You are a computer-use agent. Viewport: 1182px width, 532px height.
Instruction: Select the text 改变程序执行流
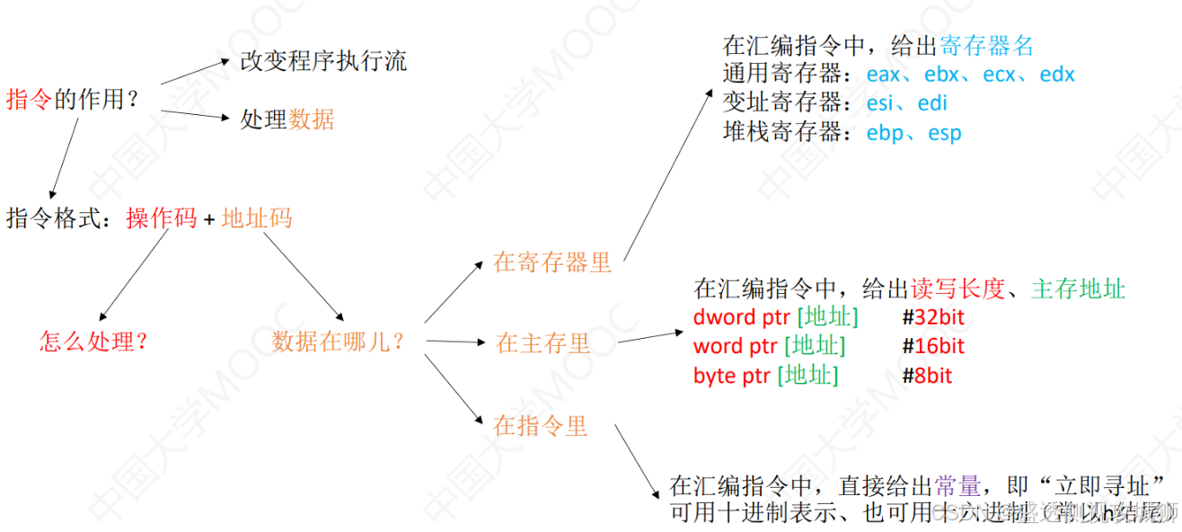(323, 60)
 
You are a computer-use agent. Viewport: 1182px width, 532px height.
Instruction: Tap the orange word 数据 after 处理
(312, 120)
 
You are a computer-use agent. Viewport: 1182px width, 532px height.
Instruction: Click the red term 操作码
(162, 218)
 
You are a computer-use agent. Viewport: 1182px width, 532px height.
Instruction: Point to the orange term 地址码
(257, 218)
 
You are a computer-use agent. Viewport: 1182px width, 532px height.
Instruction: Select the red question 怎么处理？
(93, 341)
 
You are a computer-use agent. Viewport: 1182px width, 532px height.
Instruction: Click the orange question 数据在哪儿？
(338, 341)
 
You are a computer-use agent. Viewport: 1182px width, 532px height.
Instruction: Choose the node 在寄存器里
(552, 262)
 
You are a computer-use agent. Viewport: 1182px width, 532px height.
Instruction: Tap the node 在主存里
(542, 343)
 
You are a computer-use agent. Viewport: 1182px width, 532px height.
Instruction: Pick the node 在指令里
(541, 425)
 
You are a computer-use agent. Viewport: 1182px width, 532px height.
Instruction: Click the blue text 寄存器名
(987, 46)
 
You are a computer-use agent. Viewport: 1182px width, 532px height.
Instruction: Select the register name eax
(885, 75)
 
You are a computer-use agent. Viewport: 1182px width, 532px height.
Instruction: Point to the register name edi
(932, 103)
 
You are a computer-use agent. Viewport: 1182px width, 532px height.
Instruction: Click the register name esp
(945, 133)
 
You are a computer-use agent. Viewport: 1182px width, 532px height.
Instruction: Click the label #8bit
(927, 376)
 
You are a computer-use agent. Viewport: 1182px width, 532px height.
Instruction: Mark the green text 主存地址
(1078, 288)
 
